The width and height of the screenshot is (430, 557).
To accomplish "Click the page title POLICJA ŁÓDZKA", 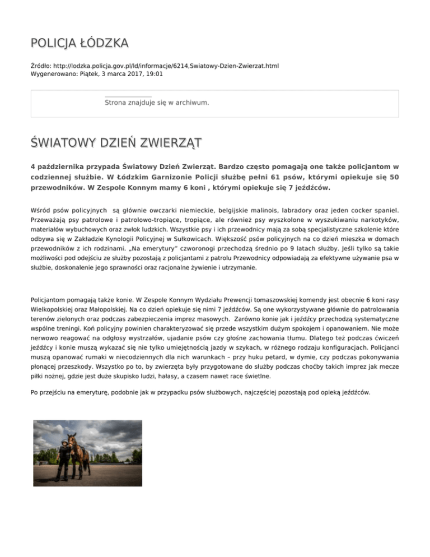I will [x=79, y=43].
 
